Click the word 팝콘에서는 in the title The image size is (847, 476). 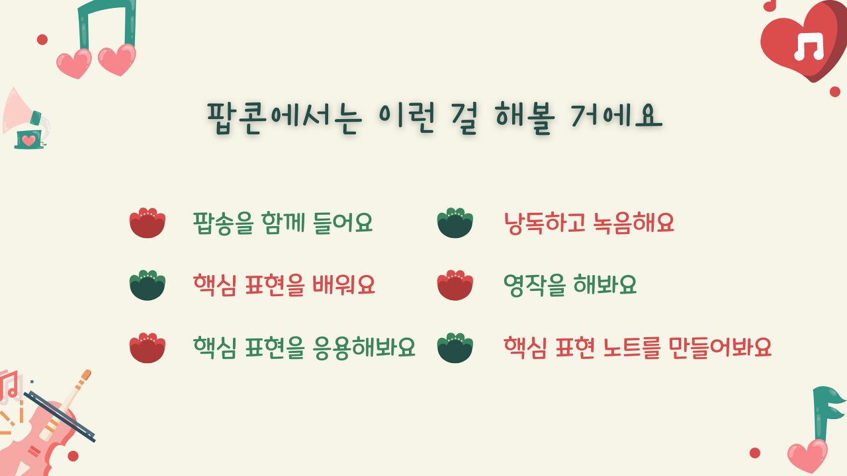click(x=285, y=118)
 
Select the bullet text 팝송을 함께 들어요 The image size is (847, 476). click(x=283, y=223)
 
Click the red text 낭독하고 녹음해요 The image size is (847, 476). click(x=589, y=223)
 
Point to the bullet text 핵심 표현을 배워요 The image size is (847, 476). click(x=284, y=285)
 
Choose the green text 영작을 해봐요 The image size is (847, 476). click(x=570, y=285)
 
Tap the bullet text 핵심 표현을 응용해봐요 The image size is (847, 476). click(x=304, y=348)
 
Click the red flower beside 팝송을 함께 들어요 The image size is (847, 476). click(x=148, y=223)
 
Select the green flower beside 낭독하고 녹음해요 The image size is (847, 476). click(x=455, y=223)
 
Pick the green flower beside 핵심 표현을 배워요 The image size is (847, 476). click(x=148, y=285)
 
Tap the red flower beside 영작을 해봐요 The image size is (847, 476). click(x=455, y=285)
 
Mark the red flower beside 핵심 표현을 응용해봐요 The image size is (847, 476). click(x=148, y=348)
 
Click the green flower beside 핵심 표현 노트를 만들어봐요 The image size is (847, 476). click(x=455, y=348)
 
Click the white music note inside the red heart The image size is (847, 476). click(x=809, y=47)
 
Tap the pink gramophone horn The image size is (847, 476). click(x=17, y=112)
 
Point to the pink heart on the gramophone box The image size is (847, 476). click(x=28, y=141)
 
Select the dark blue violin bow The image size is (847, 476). click(x=60, y=416)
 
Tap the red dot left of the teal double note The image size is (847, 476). click(x=42, y=40)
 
